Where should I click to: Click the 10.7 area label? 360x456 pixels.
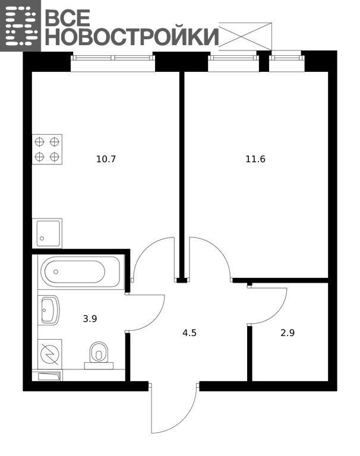pos(106,159)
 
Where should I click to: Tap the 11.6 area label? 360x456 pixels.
pos(255,159)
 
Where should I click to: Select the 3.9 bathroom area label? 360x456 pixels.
pos(90,319)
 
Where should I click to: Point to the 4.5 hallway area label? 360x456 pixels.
pos(190,332)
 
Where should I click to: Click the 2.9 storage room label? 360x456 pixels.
pos(288,332)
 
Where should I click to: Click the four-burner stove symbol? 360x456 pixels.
pos(47,150)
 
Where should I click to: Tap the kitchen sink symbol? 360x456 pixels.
pos(47,233)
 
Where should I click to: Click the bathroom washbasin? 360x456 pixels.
pos(49,310)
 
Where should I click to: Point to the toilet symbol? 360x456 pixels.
pos(99,356)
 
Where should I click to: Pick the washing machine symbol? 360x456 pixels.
pos(50,354)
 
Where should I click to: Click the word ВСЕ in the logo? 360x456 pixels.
pos(68,17)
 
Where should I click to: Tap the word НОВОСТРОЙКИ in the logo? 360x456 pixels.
pos(131,37)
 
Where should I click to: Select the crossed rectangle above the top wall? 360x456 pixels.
pos(245,34)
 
